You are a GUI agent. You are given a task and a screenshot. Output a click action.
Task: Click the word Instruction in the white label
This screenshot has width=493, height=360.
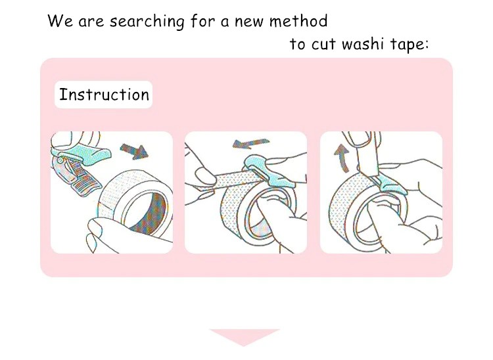pos(104,95)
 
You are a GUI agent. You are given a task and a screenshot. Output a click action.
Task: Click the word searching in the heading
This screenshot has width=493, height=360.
pos(147,22)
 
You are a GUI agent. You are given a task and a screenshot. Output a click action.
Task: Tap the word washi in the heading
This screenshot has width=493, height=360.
pos(362,43)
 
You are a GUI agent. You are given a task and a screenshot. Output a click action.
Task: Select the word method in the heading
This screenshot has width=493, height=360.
pos(298,21)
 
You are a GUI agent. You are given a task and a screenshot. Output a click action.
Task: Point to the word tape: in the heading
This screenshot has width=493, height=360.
pos(410,44)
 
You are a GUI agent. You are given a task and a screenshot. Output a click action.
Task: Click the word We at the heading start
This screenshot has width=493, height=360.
pos(60,21)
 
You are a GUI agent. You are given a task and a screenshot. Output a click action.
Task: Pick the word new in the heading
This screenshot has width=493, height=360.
pos(250,22)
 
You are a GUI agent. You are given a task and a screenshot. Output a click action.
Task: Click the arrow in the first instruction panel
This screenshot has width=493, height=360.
pos(134,151)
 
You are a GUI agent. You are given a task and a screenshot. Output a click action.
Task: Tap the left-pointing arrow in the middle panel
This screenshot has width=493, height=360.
pos(250,143)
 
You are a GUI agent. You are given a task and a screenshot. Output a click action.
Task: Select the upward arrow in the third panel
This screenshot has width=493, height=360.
pos(342,158)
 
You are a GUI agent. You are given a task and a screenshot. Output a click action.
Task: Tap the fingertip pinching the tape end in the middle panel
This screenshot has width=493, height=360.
pos(205,176)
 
